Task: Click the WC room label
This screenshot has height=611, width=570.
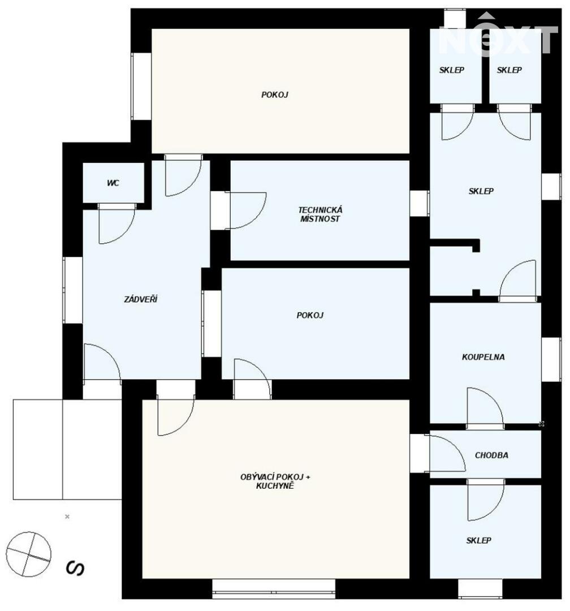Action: point(113,183)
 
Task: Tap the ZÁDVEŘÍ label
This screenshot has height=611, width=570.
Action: point(141,299)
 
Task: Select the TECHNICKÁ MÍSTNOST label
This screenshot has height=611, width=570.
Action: point(320,214)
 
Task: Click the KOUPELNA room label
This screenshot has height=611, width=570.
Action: point(483,357)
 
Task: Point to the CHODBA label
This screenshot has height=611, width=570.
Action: point(491,455)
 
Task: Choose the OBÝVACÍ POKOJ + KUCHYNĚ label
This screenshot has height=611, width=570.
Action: point(275,481)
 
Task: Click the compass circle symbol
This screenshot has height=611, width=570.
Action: point(28,554)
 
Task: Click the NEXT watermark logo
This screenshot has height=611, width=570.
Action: point(499,35)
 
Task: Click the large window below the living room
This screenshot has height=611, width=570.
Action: point(274,588)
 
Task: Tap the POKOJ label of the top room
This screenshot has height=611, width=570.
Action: point(275,94)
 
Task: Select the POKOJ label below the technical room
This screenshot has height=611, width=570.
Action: point(310,315)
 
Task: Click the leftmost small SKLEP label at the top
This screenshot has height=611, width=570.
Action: point(452,70)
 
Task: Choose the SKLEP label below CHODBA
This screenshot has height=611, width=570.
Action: point(478,540)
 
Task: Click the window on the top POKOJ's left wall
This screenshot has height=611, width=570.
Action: point(141,87)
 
